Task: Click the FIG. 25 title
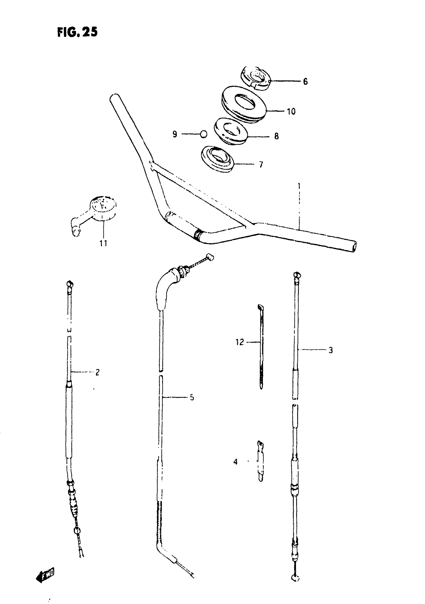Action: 77,32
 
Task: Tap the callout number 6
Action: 305,82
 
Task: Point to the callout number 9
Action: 175,134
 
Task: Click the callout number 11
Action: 103,243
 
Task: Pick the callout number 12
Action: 239,342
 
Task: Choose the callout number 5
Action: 192,397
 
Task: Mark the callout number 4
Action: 235,462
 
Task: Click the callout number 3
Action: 330,350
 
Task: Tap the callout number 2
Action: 97,372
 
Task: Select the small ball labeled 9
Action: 203,134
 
